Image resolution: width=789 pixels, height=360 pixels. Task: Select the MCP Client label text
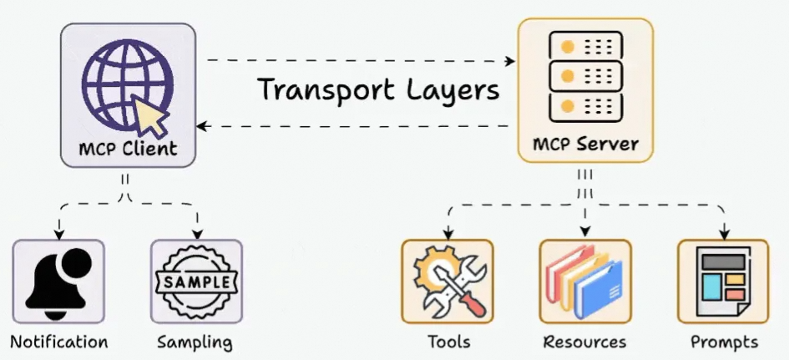pyautogui.click(x=129, y=150)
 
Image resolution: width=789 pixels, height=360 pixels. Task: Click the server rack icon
pyautogui.click(x=584, y=74)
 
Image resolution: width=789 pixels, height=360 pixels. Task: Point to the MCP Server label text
pyautogui.click(x=585, y=144)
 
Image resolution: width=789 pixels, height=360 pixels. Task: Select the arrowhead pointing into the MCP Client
pyautogui.click(x=202, y=126)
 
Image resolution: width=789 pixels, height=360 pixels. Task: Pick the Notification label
pyautogui.click(x=59, y=342)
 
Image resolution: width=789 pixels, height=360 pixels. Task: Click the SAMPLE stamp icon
pyautogui.click(x=196, y=282)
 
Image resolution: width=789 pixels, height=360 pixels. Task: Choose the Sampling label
pyautogui.click(x=195, y=342)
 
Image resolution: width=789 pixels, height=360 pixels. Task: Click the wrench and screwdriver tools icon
pyautogui.click(x=448, y=281)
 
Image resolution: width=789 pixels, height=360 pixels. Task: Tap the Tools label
pyautogui.click(x=448, y=342)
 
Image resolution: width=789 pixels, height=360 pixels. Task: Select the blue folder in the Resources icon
pyautogui.click(x=599, y=289)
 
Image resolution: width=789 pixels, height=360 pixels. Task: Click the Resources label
pyautogui.click(x=584, y=342)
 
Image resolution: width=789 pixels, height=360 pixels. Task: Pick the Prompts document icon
pyautogui.click(x=722, y=281)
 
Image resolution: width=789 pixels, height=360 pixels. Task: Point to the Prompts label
pyautogui.click(x=724, y=342)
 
